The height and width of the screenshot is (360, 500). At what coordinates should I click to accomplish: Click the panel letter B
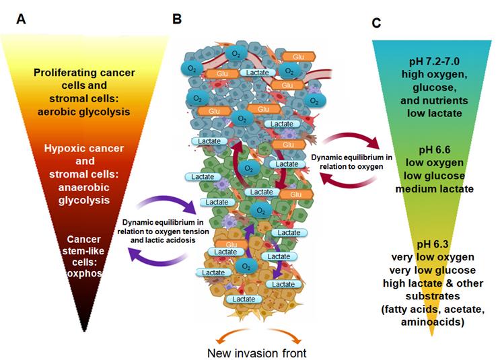click(177, 18)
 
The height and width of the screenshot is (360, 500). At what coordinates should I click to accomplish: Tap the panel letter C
click(377, 23)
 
